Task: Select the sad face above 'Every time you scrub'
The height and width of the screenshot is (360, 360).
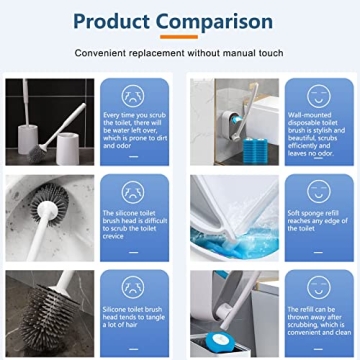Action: (x=132, y=96)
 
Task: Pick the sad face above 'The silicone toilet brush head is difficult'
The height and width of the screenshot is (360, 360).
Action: (x=132, y=190)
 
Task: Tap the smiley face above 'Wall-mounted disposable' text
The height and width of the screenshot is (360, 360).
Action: (x=317, y=96)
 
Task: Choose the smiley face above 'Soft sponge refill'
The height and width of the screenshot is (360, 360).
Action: (x=317, y=190)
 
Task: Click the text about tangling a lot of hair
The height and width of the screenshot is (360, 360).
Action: (x=132, y=317)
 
